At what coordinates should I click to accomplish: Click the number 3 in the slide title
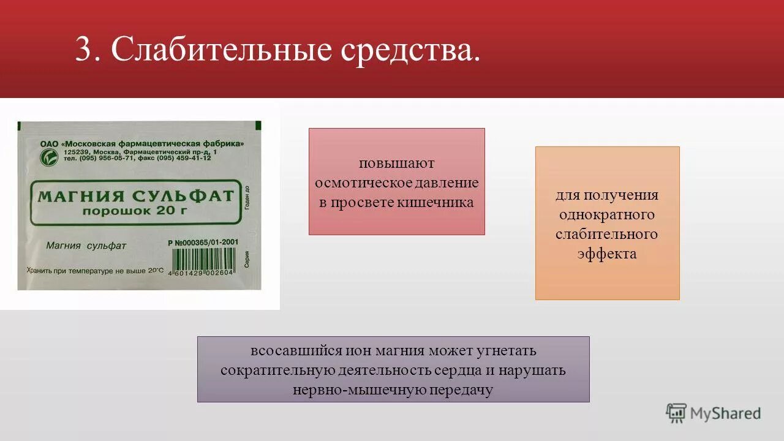[83, 49]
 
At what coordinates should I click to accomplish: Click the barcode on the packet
[201, 265]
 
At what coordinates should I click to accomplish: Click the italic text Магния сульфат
[86, 246]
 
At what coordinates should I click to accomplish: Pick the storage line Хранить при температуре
[95, 270]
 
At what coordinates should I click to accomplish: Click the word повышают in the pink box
[396, 163]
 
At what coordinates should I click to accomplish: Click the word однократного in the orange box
[606, 215]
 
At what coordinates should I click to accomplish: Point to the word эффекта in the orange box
[606, 254]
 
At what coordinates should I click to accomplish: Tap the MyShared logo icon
[676, 413]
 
